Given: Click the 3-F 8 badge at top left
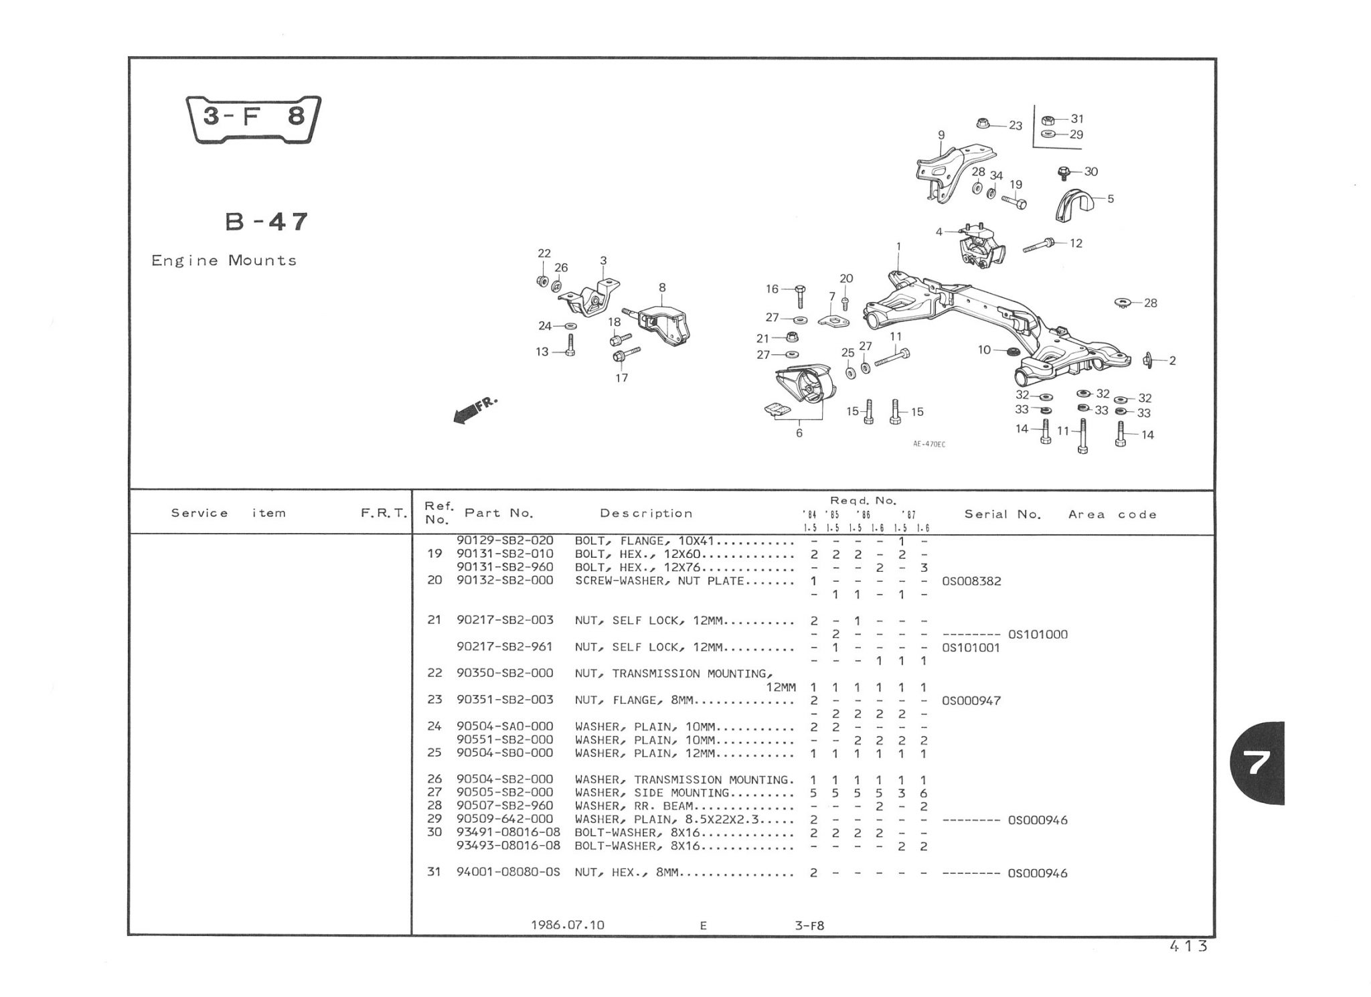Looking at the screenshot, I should [x=253, y=119].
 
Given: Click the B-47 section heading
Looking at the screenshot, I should [x=266, y=221].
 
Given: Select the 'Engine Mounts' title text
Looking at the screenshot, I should [x=224, y=260].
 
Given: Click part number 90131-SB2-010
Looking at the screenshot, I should [x=505, y=554].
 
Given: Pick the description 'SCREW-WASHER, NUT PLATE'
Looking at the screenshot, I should [x=659, y=581].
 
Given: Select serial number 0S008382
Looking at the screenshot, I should [x=971, y=581].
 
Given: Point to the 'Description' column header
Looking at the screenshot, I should [x=645, y=514].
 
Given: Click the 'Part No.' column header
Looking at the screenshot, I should [x=499, y=514].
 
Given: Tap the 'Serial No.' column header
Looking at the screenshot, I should [x=1002, y=514].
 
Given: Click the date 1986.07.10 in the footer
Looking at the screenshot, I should [x=567, y=925].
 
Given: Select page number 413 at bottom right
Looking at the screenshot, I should [x=1188, y=946].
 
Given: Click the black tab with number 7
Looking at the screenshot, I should [x=1258, y=763].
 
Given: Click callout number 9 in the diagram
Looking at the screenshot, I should [x=941, y=135].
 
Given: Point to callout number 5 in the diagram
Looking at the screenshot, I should [x=1111, y=199].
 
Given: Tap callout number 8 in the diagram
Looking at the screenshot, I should [x=662, y=288].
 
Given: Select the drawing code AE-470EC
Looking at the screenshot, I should [x=929, y=444].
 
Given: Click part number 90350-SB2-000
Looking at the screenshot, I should [x=505, y=674].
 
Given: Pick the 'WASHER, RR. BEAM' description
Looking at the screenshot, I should [x=633, y=806].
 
